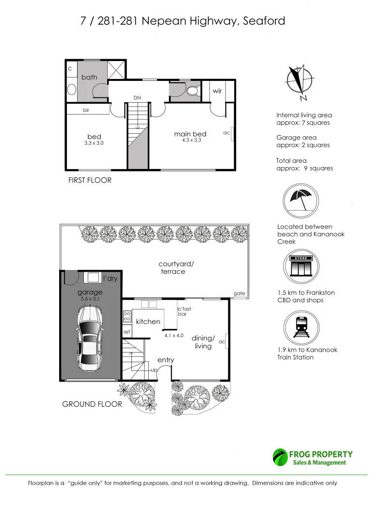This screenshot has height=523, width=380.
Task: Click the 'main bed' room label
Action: [x=190, y=134]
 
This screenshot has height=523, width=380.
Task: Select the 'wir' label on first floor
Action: [x=217, y=91]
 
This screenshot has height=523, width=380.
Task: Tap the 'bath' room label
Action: [x=89, y=77]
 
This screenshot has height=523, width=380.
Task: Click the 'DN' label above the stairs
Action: [x=137, y=98]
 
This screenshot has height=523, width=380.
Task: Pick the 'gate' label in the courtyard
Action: [x=239, y=293]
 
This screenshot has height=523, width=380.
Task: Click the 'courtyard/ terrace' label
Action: [x=176, y=268]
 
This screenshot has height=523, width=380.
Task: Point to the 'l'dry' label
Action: [x=111, y=278]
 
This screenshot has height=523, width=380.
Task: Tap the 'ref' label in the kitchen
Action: [x=127, y=332]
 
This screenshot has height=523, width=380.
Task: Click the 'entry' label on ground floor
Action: [x=166, y=360]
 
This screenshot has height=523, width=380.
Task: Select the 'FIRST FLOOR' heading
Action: [x=89, y=180]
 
